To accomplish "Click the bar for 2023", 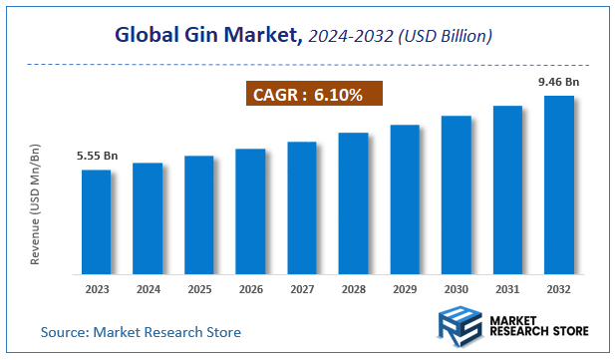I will coord(96,221).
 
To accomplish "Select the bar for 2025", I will coord(198,214).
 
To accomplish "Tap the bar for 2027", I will coord(301,207).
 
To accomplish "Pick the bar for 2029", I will coord(404,198).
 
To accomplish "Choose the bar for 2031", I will coord(506,189).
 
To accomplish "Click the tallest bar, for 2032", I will coord(558,184).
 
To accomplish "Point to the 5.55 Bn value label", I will coord(97,157).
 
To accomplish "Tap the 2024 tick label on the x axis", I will coord(148,289).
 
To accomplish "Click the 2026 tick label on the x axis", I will coord(250,289).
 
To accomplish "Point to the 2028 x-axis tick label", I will coord(353,289).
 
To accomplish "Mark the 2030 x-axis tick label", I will coord(456,289).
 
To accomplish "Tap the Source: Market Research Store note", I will coord(141,331).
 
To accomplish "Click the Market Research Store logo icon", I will coord(459,326).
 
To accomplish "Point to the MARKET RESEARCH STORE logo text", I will coord(537,326).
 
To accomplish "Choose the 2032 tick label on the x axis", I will coord(558,289).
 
